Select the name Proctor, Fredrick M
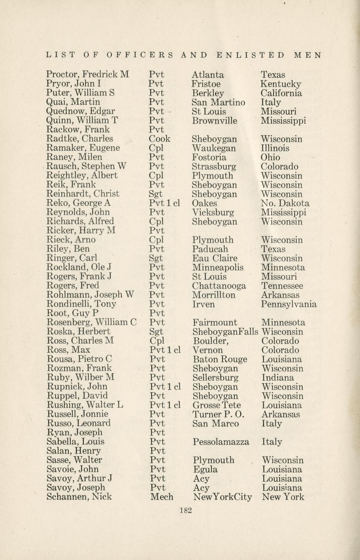point(87,75)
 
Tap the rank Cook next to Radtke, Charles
point(160,139)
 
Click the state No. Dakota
point(285,203)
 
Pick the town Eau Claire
point(214,258)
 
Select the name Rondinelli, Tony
point(82,304)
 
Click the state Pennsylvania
point(289,304)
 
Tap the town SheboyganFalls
point(225,332)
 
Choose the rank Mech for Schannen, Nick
point(161,497)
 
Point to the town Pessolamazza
point(220,442)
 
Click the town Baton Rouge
point(220,360)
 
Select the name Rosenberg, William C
point(91,323)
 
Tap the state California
point(281,93)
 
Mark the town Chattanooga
point(219,286)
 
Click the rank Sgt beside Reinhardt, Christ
point(156,194)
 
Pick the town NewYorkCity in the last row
point(222,497)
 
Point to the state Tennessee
point(282,286)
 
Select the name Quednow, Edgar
point(81,112)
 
